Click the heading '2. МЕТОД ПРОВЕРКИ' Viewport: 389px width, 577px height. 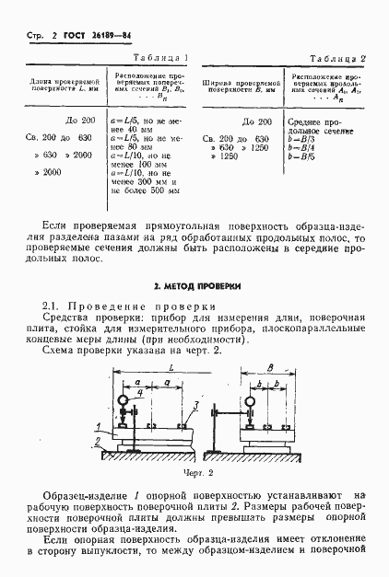tap(195, 286)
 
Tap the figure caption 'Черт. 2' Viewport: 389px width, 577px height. tap(196, 473)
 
